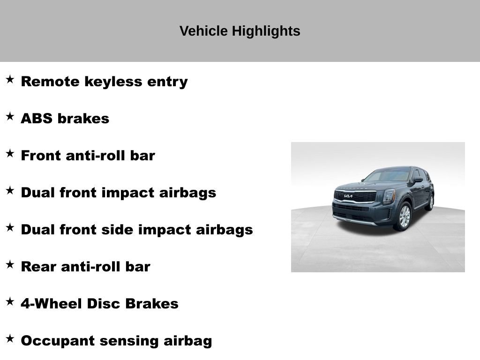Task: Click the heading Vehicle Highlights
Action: click(240, 31)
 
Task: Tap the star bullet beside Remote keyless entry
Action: click(10, 80)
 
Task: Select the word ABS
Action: click(37, 119)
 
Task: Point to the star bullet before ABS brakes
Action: click(10, 117)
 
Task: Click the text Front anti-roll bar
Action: click(88, 156)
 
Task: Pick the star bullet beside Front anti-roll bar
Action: click(10, 154)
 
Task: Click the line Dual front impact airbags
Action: click(119, 193)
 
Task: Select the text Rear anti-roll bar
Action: click(85, 267)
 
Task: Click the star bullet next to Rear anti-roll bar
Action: click(10, 265)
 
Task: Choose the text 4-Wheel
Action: click(52, 304)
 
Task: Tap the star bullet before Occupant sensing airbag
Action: click(10, 339)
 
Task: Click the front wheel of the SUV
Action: click(404, 216)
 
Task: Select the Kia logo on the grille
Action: click(348, 196)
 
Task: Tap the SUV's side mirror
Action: click(418, 180)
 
